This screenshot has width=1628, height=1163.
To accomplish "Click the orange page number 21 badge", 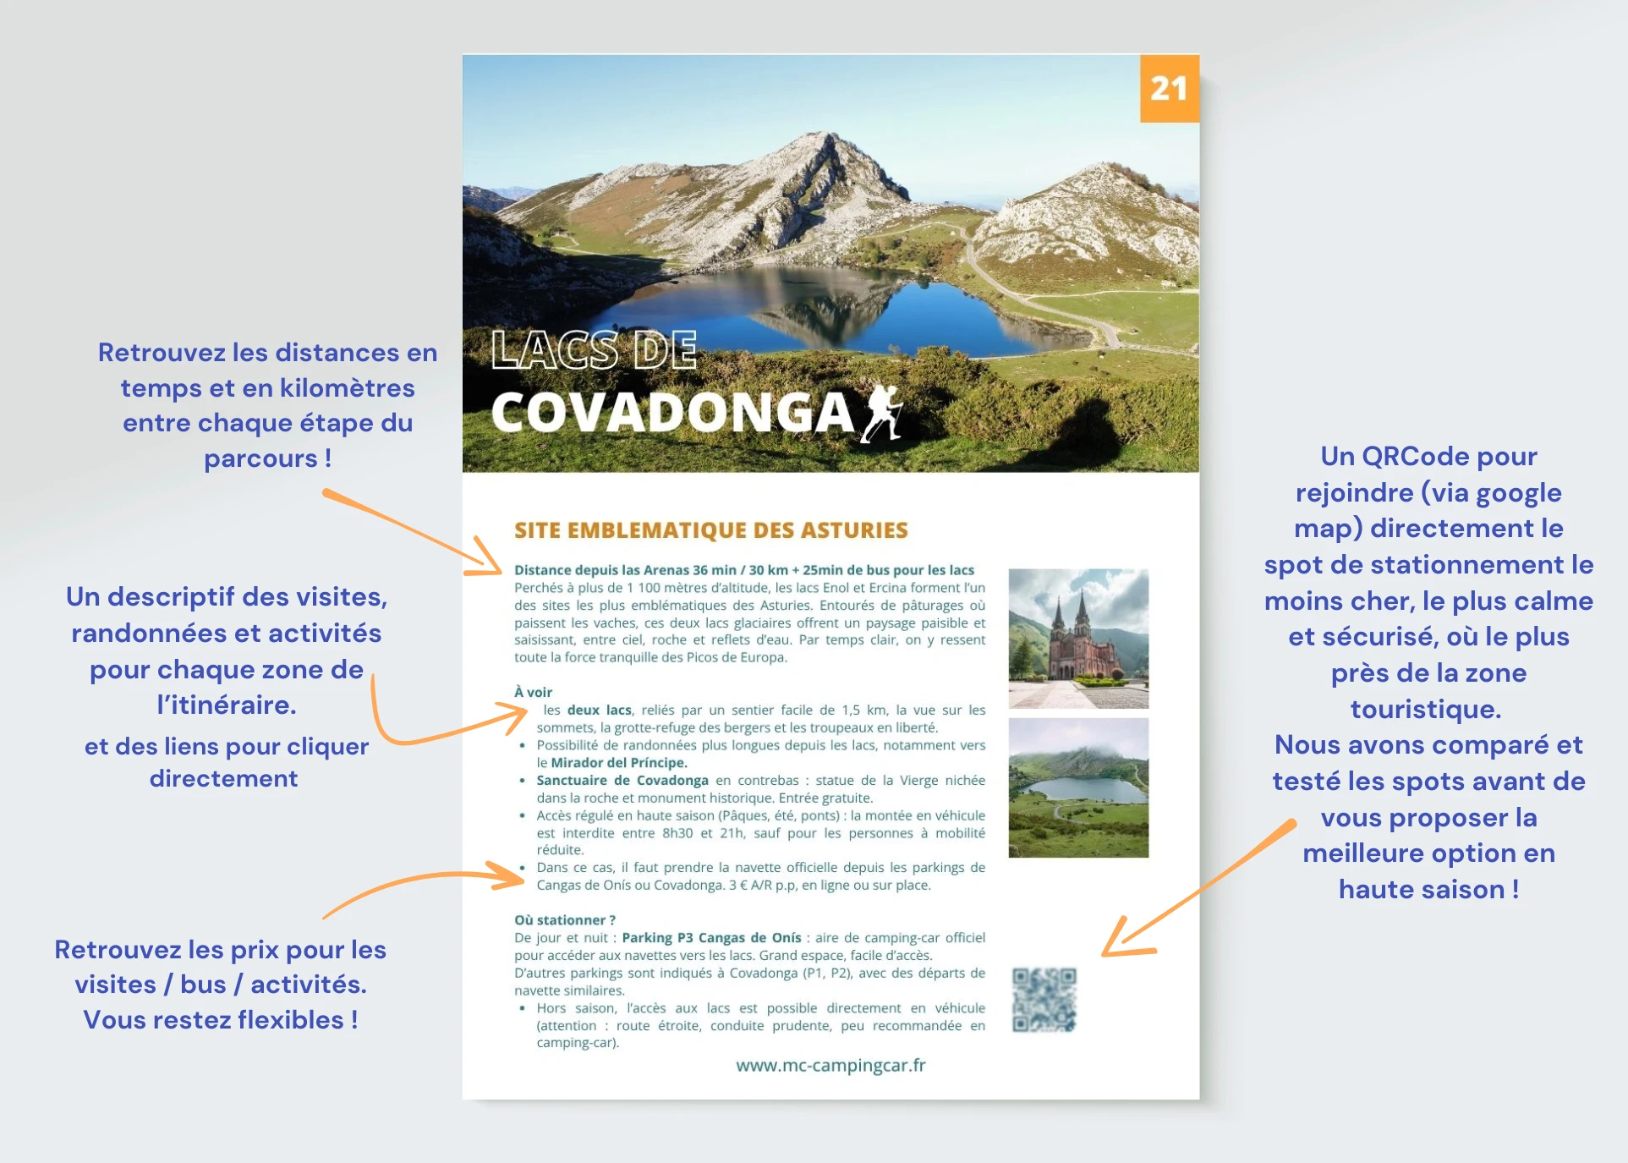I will [1169, 89].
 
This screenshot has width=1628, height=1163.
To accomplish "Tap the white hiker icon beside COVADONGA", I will [881, 413].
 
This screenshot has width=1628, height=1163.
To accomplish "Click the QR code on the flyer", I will [1044, 1000].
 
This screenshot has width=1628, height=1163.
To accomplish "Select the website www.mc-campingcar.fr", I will [830, 1066].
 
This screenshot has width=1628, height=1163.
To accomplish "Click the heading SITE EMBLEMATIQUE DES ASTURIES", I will [710, 530].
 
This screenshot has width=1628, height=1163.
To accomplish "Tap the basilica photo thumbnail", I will [1078, 638].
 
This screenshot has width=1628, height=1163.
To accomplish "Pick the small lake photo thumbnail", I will [1078, 787].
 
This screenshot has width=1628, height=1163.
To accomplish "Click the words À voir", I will [533, 692].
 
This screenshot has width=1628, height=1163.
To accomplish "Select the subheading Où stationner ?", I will [565, 920].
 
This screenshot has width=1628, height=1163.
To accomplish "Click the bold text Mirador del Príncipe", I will [618, 763].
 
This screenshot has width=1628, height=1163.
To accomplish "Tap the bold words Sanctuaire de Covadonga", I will [622, 780].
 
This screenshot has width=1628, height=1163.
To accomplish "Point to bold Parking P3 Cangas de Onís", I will [711, 938].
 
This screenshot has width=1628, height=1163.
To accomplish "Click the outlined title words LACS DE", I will [595, 350].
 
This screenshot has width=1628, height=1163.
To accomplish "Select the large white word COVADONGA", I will [672, 414].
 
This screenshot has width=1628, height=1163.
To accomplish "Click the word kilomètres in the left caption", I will [347, 388].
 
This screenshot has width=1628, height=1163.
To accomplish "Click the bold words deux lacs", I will [599, 710].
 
